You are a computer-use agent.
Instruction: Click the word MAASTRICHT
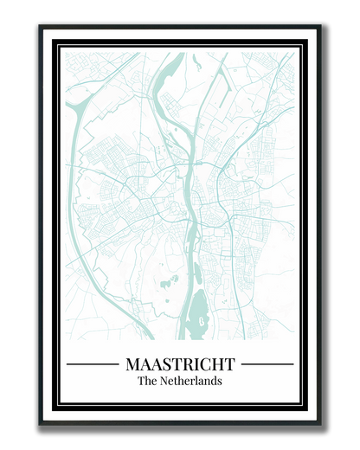point(180,363)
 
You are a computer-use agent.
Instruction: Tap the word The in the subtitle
point(147,381)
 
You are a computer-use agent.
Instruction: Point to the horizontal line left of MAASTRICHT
point(92,364)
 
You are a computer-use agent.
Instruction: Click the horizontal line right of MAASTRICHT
point(267,364)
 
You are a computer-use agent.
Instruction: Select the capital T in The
point(141,381)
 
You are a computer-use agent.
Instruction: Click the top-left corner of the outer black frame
point(40,25)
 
